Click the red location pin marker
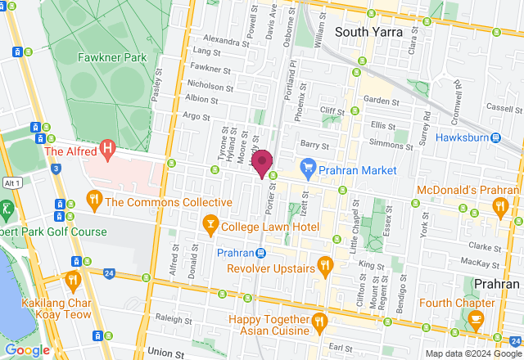coord(261,162)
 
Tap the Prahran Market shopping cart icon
coord(308,170)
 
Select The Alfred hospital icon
coord(106,150)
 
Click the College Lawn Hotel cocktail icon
coord(210,223)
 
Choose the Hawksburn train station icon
coord(496,137)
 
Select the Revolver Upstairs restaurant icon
coord(325,266)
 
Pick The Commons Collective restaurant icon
coord(94,200)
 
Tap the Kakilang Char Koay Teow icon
coord(73,281)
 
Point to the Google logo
coord(27,349)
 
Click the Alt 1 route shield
coord(11,182)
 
